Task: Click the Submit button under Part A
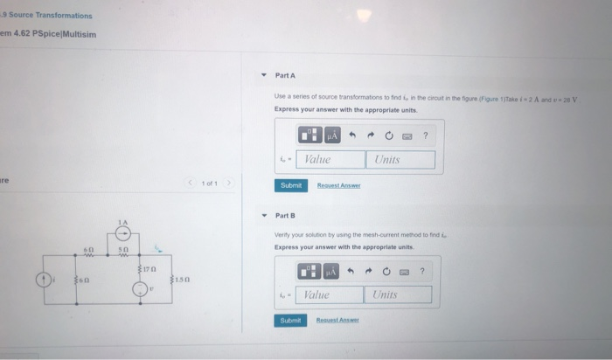[x=290, y=185]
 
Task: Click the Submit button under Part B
[x=290, y=321]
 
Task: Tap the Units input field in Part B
[x=397, y=295]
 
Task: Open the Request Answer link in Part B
[x=337, y=321]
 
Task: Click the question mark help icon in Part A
[x=425, y=136]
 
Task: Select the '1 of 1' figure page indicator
[x=209, y=183]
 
